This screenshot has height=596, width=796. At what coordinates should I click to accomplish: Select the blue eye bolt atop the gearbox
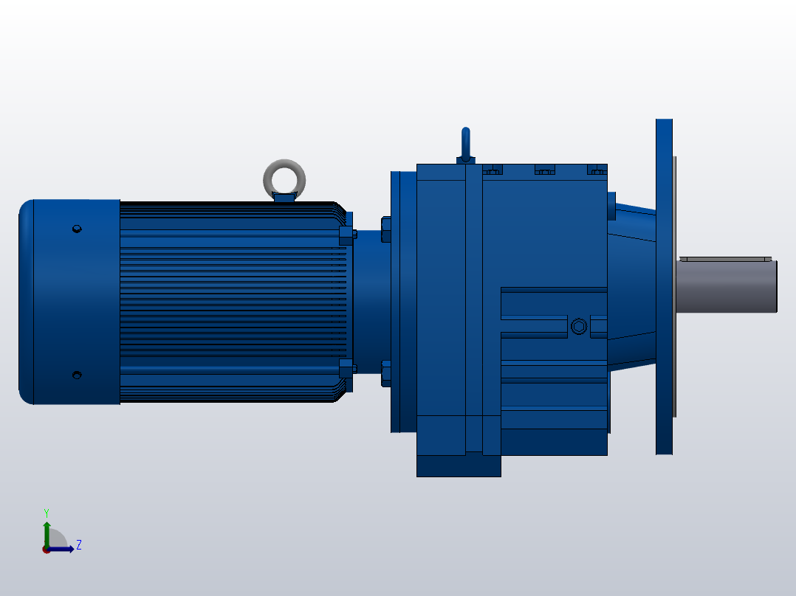(x=465, y=143)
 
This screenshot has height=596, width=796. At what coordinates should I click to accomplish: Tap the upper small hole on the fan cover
(x=76, y=229)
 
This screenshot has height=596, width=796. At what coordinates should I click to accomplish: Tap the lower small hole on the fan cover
(x=76, y=375)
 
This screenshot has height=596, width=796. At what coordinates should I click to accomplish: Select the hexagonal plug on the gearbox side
(x=578, y=326)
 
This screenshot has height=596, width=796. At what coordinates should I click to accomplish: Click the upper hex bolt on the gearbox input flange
(x=385, y=229)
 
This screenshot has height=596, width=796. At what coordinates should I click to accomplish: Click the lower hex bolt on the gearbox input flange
(x=385, y=374)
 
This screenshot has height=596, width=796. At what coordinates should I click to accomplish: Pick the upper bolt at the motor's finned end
(x=346, y=235)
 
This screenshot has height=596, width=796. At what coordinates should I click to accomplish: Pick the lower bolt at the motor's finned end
(x=346, y=367)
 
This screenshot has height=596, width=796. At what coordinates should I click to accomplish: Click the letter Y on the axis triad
(x=46, y=512)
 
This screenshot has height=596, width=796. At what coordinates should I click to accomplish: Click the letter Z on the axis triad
(x=78, y=545)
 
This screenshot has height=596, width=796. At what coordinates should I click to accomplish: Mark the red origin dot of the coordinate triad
(x=47, y=550)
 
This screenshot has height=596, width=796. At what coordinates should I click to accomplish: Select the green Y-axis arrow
(x=47, y=531)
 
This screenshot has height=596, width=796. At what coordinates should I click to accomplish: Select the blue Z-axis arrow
(x=64, y=550)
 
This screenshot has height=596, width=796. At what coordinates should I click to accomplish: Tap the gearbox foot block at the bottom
(x=459, y=465)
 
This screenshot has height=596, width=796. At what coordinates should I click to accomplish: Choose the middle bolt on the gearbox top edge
(x=544, y=170)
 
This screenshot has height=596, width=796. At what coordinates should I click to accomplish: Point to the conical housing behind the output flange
(x=631, y=288)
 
